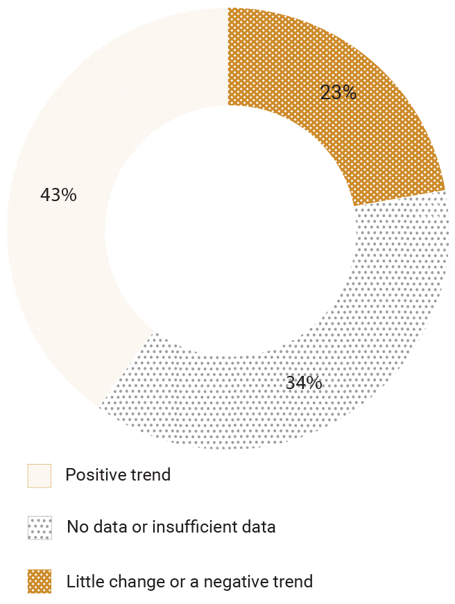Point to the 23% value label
click(x=338, y=92)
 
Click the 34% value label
click(x=304, y=382)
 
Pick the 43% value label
click(x=58, y=196)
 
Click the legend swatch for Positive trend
click(x=40, y=476)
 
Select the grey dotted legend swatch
click(x=40, y=528)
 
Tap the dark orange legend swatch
click(x=40, y=581)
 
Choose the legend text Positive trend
click(x=118, y=475)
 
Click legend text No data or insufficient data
click(x=171, y=527)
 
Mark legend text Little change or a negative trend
click(x=190, y=581)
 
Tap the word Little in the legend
click(x=82, y=581)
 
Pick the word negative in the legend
click(x=236, y=581)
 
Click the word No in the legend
click(x=76, y=527)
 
